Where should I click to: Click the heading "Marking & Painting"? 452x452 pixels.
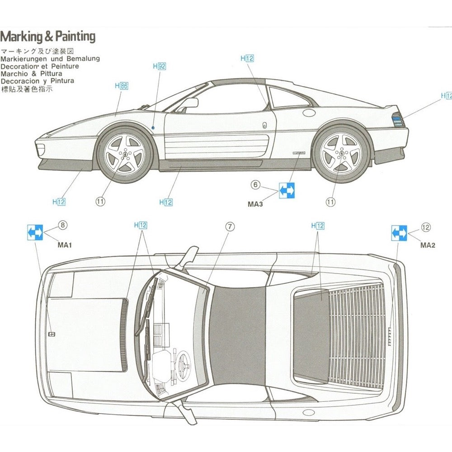[47, 37]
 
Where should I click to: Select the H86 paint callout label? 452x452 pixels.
[122, 85]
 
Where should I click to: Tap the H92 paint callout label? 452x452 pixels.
[160, 66]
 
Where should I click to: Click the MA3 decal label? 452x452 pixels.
[255, 204]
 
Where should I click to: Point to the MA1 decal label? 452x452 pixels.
[65, 245]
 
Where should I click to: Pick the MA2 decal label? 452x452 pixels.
[428, 245]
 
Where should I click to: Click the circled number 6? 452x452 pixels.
[256, 184]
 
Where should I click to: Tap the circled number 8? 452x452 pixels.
[62, 225]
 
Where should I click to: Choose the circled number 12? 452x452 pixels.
[426, 227]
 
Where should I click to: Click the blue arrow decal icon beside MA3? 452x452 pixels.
[287, 191]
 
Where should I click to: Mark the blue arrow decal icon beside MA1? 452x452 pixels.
[36, 232]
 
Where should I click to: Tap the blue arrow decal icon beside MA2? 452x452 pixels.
[399, 233]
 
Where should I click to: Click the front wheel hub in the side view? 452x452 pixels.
[124, 155]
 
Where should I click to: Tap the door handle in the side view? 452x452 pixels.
[264, 126]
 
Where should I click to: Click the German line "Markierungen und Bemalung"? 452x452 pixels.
[50, 59]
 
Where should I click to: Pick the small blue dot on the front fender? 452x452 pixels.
[154, 128]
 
